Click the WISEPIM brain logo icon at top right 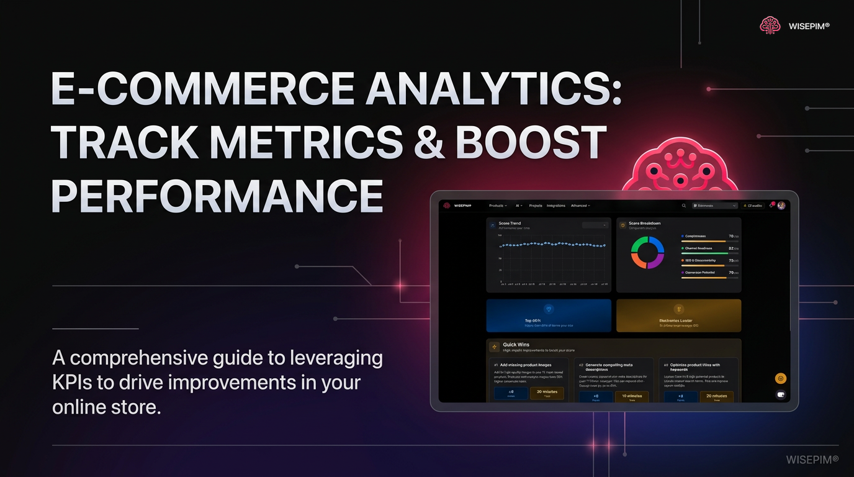[770, 25]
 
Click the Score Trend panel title [510, 224]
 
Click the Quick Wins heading [516, 345]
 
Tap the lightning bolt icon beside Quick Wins [495, 347]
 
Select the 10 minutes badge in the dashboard [631, 396]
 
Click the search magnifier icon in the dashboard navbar [684, 206]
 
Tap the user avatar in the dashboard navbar [781, 206]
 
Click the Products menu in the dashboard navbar [497, 206]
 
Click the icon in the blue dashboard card [548, 309]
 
